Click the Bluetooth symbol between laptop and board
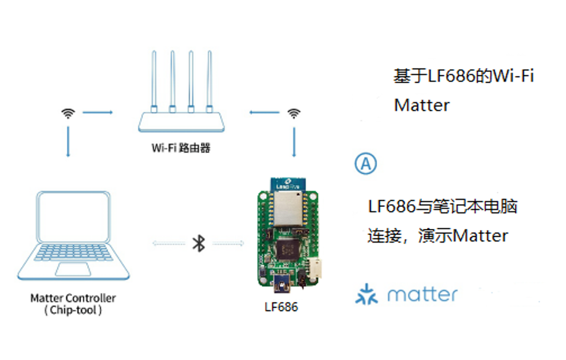pos(199,243)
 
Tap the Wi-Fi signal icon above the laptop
pos(69,113)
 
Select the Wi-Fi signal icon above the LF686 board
pos(293,113)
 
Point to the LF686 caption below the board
pos(281,307)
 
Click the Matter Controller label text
pos(73,298)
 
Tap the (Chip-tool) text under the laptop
pos(73,310)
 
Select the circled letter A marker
pos(365,164)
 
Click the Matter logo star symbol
pos(366,294)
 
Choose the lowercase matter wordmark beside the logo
pos(422,294)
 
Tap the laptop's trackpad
pos(73,269)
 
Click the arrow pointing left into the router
pos(264,112)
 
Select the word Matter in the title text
pos(422,106)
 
